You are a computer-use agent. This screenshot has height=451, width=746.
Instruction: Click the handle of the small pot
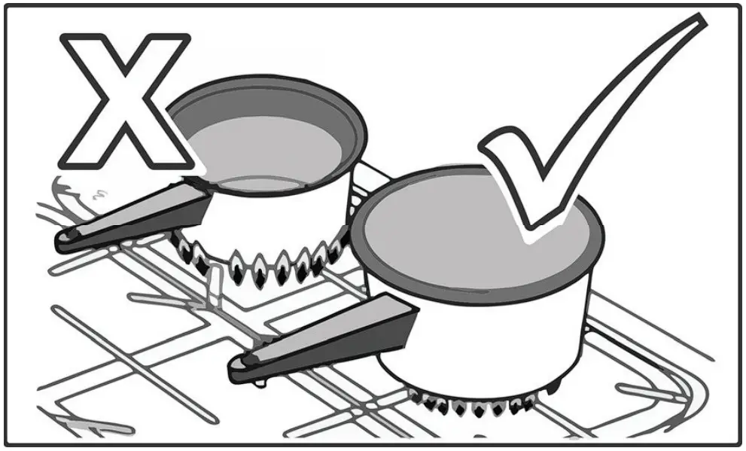click(x=135, y=218)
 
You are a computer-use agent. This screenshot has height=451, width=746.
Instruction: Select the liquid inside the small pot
click(x=263, y=151)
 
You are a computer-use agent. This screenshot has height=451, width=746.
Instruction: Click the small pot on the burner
click(x=271, y=173)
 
